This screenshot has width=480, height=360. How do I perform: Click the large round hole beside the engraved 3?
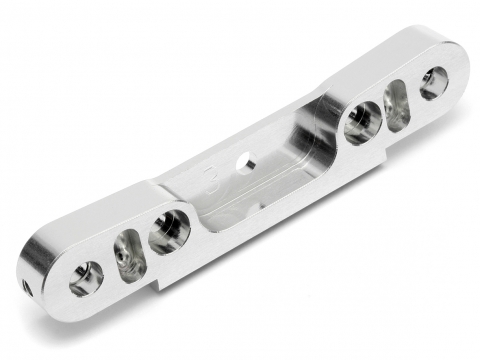pyautogui.click(x=169, y=231)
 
